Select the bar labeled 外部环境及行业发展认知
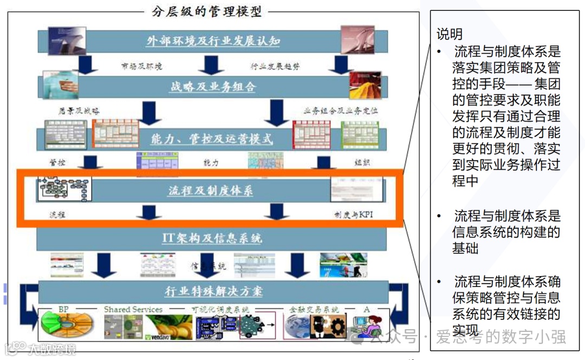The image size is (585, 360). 213,41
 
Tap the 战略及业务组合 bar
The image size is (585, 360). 212,87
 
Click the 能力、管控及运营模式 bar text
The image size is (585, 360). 212,139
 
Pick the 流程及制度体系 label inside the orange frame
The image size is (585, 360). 210,191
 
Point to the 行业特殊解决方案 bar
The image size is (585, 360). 213,291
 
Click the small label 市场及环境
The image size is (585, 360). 141,67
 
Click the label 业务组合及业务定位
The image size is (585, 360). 341,111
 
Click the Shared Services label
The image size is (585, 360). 133,310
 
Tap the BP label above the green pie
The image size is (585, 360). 63,310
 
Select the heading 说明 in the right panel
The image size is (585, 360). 450,35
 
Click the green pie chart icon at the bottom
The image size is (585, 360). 65,325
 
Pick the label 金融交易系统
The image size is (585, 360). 314,310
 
